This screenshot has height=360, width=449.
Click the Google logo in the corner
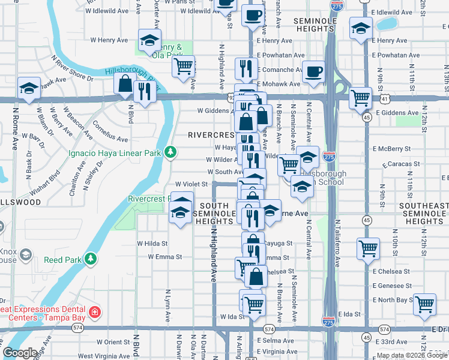click(x=20, y=353)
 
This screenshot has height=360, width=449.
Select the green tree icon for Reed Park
click(x=91, y=258)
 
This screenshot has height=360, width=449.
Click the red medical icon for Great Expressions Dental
click(x=94, y=312)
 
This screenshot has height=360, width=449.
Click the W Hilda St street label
click(x=152, y=244)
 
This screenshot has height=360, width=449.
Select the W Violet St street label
click(x=191, y=184)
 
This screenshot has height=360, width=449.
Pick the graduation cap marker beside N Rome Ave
click(x=29, y=89)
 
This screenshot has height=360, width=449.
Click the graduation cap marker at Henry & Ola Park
click(x=149, y=41)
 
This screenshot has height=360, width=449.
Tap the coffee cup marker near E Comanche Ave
click(x=313, y=73)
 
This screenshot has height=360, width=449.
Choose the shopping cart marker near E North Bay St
click(x=424, y=304)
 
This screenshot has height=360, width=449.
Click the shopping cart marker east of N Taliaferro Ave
click(x=368, y=248)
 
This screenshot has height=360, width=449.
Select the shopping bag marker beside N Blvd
click(x=124, y=85)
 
